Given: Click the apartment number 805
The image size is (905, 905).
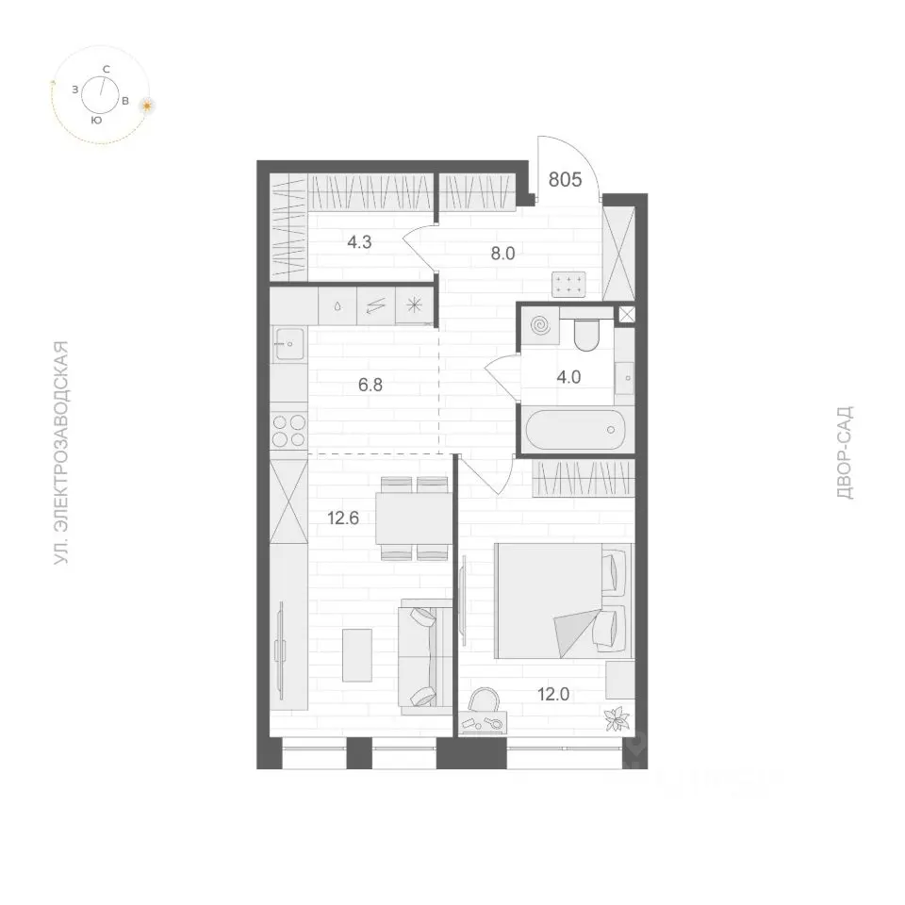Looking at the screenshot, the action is [565, 180].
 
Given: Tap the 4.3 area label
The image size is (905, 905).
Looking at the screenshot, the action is [359, 242].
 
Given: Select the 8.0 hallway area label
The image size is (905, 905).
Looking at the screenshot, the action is [502, 253].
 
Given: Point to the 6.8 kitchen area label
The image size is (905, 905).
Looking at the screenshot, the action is [370, 385].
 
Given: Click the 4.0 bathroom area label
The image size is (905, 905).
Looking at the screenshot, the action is [568, 377].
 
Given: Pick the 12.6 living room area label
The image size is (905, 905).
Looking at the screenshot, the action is [343, 518].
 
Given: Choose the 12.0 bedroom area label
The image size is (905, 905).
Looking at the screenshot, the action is [553, 694].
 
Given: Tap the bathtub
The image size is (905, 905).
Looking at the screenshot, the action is [576, 430].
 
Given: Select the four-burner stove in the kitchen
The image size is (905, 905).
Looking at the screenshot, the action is [288, 431].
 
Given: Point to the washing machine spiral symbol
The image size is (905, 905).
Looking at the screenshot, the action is [541, 326].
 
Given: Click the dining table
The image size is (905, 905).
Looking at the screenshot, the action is [414, 518].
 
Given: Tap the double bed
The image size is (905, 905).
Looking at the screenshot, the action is [564, 601].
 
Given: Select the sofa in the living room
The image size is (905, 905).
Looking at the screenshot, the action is [425, 657].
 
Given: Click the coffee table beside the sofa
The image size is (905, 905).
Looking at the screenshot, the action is [357, 655].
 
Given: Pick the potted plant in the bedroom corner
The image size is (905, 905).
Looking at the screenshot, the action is [617, 718].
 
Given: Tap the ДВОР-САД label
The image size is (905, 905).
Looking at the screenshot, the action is [845, 452].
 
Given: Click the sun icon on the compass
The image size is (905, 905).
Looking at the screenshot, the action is [148, 106].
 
